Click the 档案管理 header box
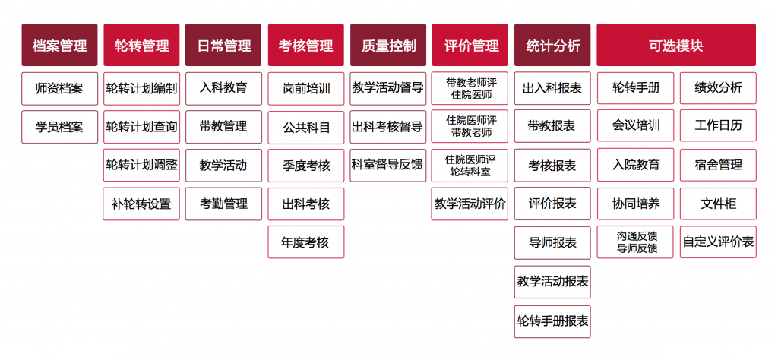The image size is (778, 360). (x=59, y=45)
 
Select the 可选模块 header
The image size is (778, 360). (x=675, y=45)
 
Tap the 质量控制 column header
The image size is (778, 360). (x=388, y=45)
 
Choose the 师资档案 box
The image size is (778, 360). (x=59, y=89)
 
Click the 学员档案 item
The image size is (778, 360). (x=59, y=127)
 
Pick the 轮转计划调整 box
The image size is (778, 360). (x=141, y=165)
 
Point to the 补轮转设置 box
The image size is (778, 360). (x=141, y=204)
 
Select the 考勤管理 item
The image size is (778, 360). (x=224, y=204)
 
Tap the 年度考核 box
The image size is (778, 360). (x=306, y=242)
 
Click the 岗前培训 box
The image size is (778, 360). (x=306, y=89)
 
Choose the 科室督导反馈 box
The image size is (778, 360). (x=388, y=165)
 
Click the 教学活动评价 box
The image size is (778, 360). (x=470, y=204)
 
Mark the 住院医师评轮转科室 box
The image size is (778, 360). (x=470, y=165)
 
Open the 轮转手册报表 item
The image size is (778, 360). (x=553, y=321)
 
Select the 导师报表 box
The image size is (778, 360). (x=553, y=242)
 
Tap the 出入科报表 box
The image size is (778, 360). (x=553, y=89)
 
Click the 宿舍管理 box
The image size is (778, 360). (x=718, y=165)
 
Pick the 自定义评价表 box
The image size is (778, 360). (x=718, y=242)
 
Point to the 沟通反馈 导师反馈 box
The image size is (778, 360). (x=636, y=242)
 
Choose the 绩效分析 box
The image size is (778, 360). (x=718, y=88)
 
